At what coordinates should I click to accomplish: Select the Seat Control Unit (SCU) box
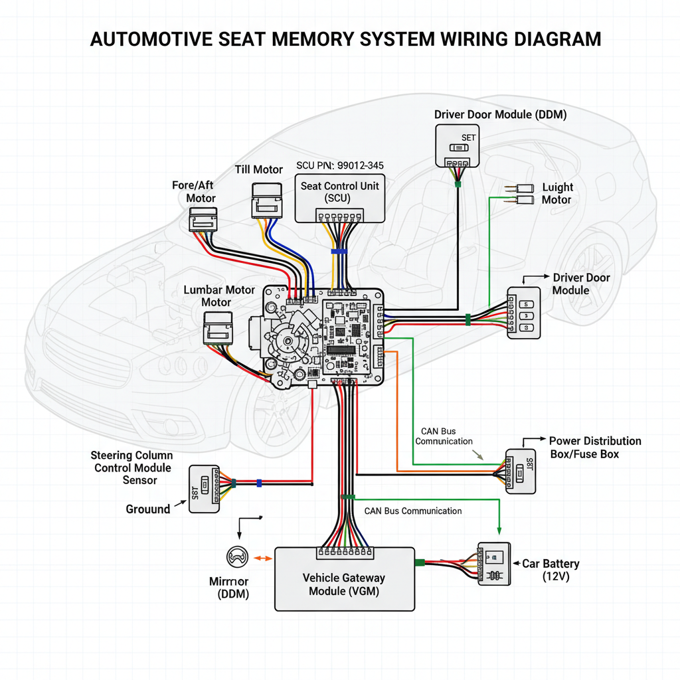pos(339,198)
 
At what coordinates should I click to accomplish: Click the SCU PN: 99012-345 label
pos(339,165)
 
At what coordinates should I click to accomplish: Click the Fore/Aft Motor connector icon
pos(203,219)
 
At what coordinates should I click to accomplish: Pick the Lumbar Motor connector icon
pos(217,329)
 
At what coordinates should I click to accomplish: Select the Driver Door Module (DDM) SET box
pos(457,145)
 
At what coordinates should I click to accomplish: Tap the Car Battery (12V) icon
pos(495,564)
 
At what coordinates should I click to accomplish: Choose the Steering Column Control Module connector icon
pos(205,488)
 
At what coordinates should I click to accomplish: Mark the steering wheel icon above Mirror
pos(237,556)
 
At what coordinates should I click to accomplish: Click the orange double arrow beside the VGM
pos(263,558)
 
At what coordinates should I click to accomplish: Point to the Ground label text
pos(148,509)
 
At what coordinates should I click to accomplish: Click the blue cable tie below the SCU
pos(339,252)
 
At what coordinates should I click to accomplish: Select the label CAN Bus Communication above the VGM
pos(413,511)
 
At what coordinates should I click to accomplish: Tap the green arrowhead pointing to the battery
pos(499,530)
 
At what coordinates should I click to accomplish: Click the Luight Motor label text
pos(557,193)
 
